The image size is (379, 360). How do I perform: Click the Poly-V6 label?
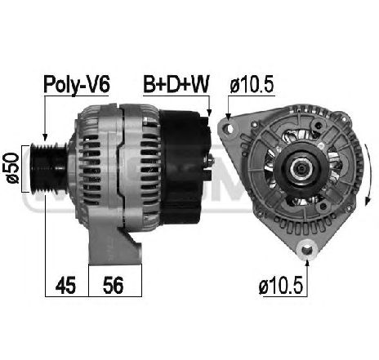click(76, 84)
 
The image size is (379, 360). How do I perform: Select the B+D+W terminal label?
click(176, 84)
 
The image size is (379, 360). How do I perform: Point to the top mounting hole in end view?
click(225, 127)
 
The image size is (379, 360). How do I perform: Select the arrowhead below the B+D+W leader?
click(211, 113)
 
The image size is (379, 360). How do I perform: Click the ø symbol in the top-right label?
click(235, 84)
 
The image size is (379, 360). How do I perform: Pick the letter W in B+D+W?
click(199, 84)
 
